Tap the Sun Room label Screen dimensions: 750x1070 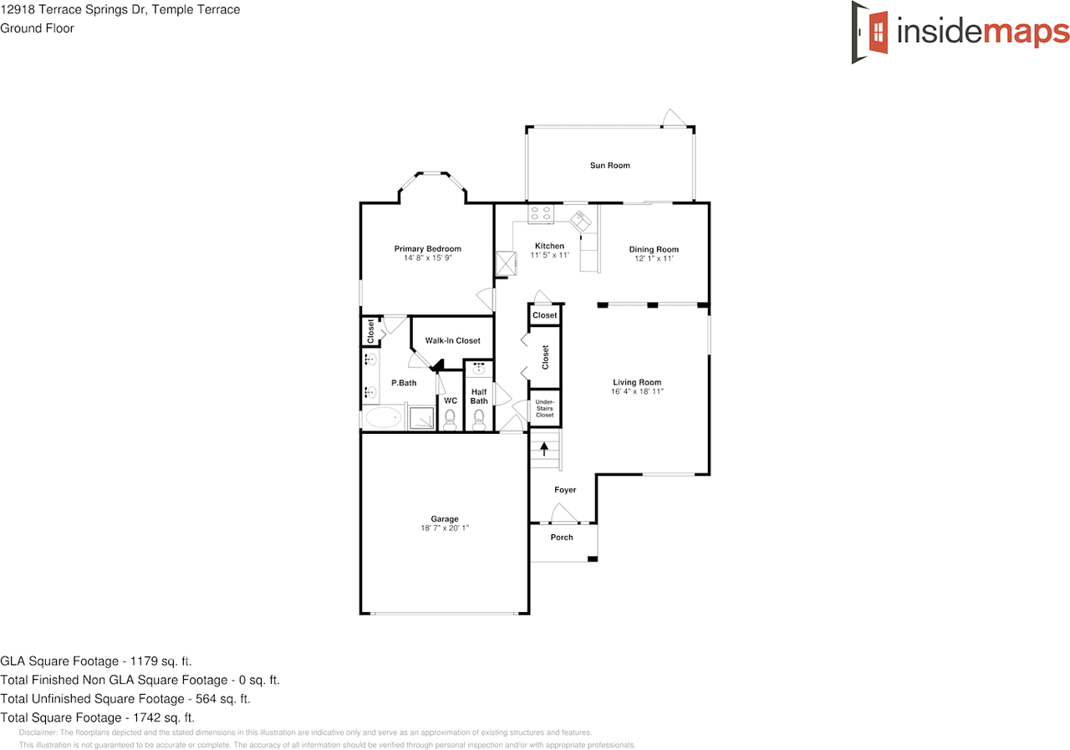[x=609, y=166]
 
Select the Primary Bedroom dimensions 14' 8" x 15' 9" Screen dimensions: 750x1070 [x=427, y=258]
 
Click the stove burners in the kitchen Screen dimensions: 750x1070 [x=541, y=214]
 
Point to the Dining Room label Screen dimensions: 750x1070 [x=654, y=249]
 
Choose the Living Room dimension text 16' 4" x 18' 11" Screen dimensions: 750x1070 [x=637, y=390]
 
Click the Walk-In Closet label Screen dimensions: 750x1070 [x=452, y=340]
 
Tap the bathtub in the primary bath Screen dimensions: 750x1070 [x=384, y=419]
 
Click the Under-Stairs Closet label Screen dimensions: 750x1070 [x=544, y=408]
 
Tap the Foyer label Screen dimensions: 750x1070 [x=565, y=490]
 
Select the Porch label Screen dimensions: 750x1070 [x=562, y=537]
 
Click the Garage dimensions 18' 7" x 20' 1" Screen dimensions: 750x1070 [x=444, y=528]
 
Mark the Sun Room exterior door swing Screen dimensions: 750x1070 [x=674, y=118]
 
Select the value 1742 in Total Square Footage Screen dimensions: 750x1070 [x=140, y=717]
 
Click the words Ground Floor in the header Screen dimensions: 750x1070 [x=37, y=28]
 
